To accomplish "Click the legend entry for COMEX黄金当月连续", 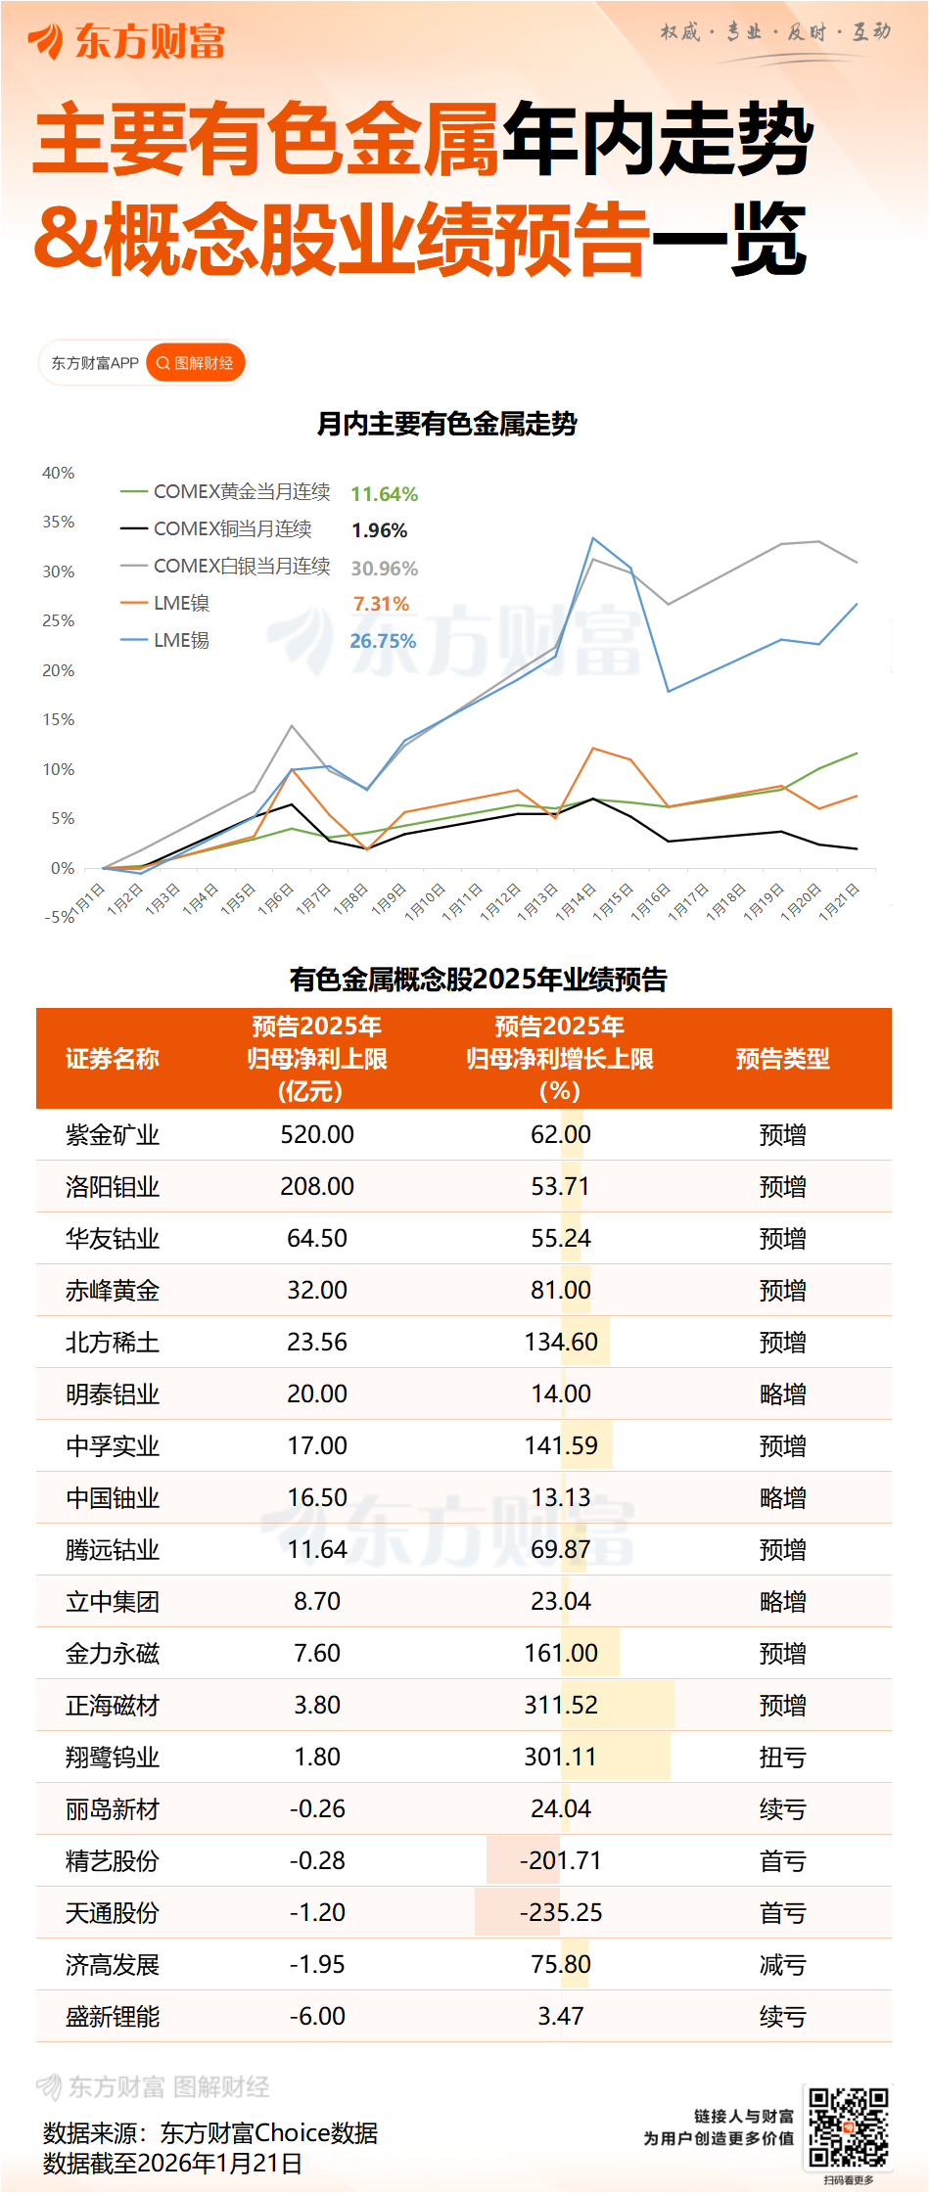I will (241, 491).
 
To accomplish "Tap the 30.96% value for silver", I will (384, 569).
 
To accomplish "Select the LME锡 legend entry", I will (181, 640).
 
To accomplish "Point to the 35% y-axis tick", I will (59, 523).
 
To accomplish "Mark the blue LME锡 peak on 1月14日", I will (593, 538).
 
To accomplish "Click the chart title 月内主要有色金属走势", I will (447, 424).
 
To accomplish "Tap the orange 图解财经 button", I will (196, 363).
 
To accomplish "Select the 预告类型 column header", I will (782, 1059).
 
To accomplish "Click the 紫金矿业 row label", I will (113, 1135).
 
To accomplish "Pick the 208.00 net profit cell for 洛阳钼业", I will (317, 1187).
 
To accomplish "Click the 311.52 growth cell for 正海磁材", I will (561, 1706).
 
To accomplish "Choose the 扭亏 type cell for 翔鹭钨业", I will (782, 1758).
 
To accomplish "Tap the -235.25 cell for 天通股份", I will (561, 1913).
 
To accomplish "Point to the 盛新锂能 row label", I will (113, 2017).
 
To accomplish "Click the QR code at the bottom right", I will (848, 2128).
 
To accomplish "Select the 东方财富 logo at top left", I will (127, 41).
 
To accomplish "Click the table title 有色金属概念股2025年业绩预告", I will (479, 980).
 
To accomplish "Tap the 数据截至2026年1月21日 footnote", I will (172, 2164).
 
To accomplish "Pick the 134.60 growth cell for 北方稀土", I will (561, 1343).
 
